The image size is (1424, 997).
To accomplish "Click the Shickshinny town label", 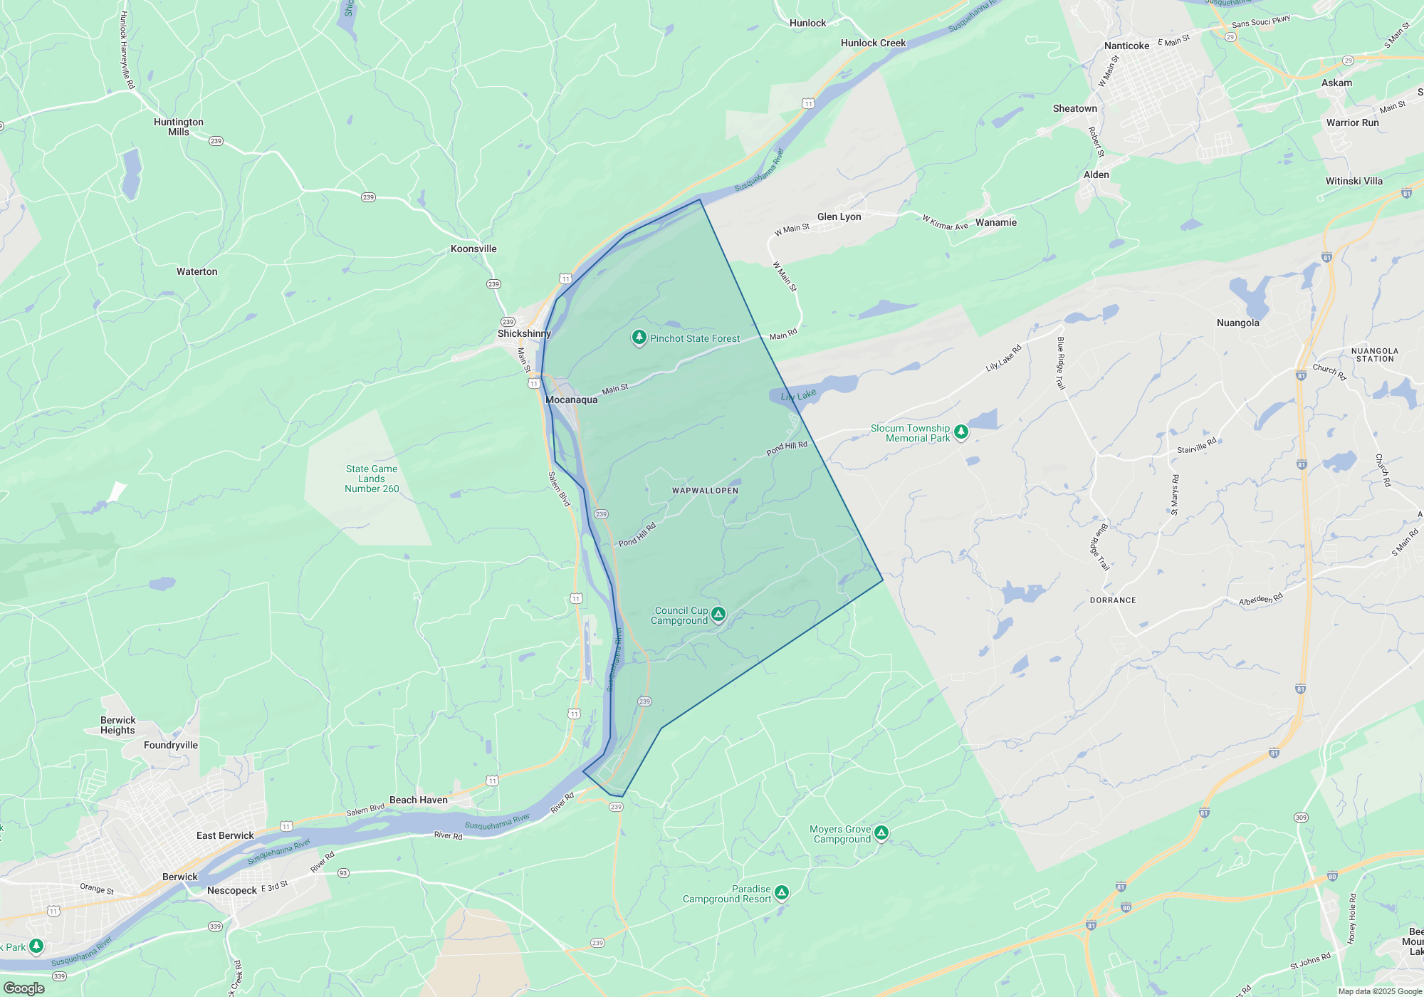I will tap(524, 333).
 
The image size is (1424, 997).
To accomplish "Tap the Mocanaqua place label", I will tap(572, 400).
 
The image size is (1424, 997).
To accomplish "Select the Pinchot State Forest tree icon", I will tap(639, 338).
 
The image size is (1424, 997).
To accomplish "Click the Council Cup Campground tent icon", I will tap(718, 614).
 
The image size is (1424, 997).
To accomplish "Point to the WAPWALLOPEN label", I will tap(705, 491).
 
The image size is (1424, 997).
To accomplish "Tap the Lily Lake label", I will tap(798, 396).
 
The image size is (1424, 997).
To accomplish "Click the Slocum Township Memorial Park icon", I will tap(961, 432).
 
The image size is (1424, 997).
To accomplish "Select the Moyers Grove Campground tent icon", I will tap(881, 832).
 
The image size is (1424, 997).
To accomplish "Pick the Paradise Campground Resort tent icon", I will tap(782, 892).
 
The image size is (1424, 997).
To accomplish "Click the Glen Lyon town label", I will tap(839, 216).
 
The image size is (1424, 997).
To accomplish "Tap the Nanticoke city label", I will tap(1126, 46).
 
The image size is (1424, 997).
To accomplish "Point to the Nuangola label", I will tap(1237, 323).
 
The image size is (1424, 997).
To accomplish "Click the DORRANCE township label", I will tap(1113, 600).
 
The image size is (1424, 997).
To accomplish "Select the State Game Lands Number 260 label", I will tap(372, 479).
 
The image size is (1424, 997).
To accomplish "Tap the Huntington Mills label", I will tap(179, 127).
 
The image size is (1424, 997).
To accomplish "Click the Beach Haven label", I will tap(419, 800).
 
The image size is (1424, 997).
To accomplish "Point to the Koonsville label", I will tap(473, 249).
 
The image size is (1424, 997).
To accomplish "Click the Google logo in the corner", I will tap(24, 988).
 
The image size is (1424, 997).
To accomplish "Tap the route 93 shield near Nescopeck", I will tap(343, 873).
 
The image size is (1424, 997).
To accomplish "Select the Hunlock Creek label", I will tap(873, 43).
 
